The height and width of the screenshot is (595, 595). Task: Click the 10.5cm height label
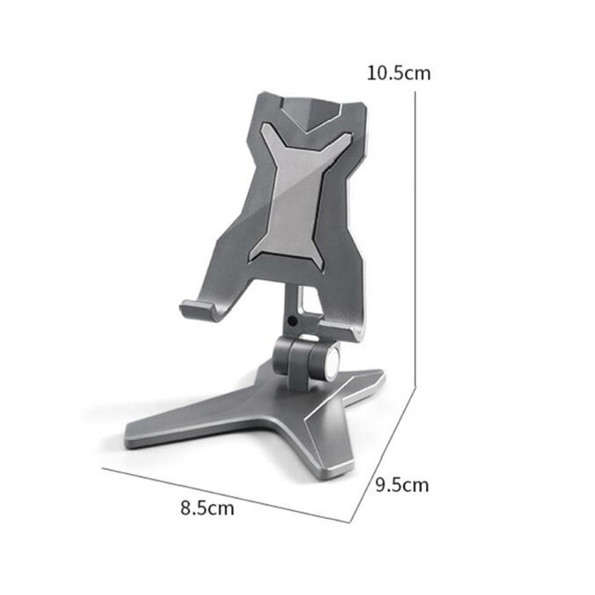399,73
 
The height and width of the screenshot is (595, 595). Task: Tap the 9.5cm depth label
402,485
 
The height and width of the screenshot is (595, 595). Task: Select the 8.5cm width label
207,508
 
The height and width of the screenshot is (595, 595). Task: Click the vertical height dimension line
415,239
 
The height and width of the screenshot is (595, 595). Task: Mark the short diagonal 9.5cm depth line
382,454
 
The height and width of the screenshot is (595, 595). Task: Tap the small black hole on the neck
292,321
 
